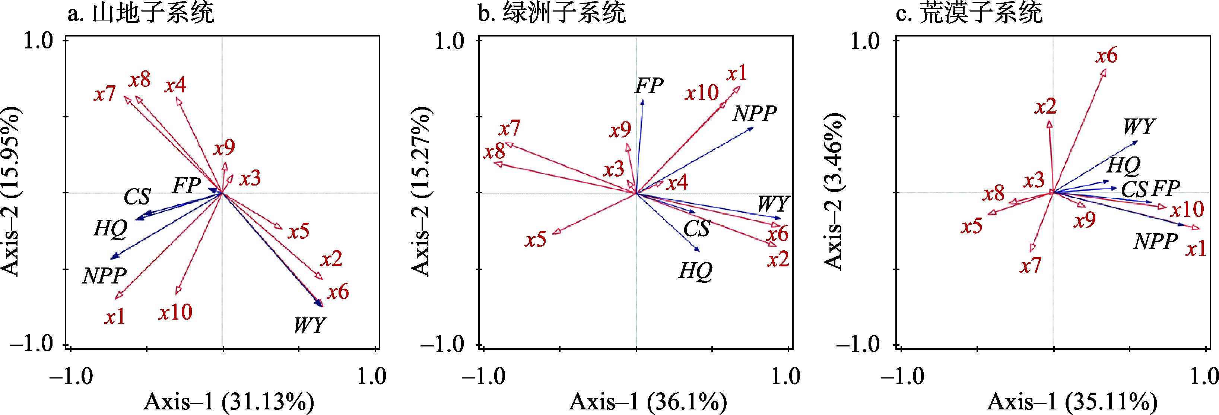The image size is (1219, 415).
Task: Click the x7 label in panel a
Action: click(x=105, y=94)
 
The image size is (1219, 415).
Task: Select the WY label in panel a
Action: click(x=309, y=325)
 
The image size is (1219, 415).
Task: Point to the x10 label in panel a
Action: click(x=175, y=312)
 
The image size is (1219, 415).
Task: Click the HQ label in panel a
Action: click(x=110, y=229)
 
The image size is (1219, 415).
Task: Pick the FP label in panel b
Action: click(x=649, y=86)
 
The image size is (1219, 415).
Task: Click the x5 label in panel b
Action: click(x=535, y=240)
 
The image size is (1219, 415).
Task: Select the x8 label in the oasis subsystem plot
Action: click(x=495, y=152)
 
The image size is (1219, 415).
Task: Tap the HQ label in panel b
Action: click(x=695, y=271)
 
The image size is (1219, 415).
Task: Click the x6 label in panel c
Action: click(x=1107, y=56)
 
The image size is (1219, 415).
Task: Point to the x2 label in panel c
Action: click(x=1045, y=107)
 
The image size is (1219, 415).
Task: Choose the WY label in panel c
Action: click(x=1139, y=126)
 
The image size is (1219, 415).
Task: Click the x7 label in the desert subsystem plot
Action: click(x=1030, y=266)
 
